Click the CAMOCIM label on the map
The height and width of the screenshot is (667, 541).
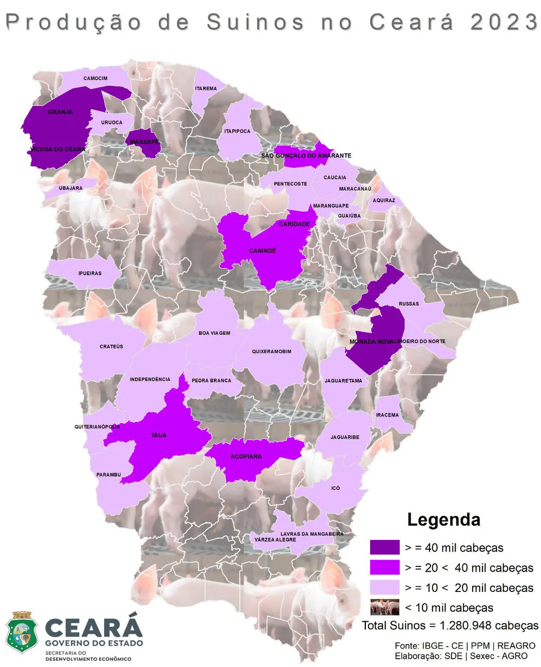(95, 79)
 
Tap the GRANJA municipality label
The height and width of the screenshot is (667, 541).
(60, 112)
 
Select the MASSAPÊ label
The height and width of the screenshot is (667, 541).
(144, 142)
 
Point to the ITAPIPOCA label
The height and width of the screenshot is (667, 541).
(237, 131)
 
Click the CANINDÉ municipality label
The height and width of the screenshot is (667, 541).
(263, 251)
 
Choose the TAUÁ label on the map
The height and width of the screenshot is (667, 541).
(158, 435)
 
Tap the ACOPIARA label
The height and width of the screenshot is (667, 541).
(246, 456)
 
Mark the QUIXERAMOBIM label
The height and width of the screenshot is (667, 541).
(272, 352)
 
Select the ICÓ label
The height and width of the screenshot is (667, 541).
(336, 488)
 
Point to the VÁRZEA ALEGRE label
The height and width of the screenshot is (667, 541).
(275, 540)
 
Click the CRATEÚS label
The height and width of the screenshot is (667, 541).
(112, 347)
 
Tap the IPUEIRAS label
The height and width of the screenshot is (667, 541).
(90, 274)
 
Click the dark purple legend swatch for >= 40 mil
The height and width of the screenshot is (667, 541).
(385, 547)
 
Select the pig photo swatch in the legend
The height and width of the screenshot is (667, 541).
(385, 607)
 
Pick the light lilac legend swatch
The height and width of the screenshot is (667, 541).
(385, 587)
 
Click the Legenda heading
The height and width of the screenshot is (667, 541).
(444, 520)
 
